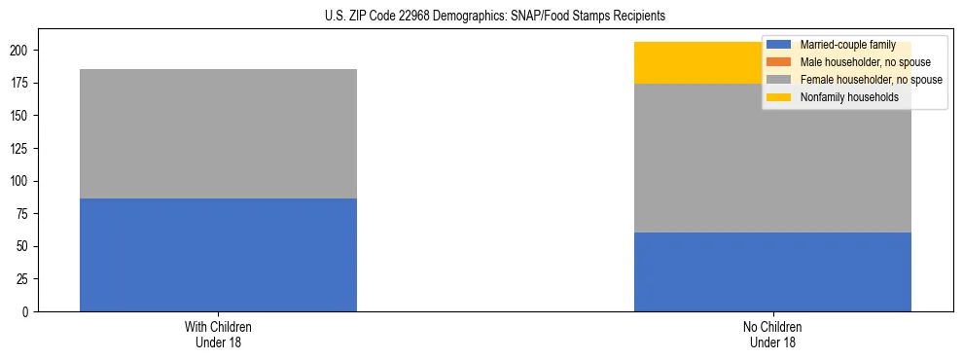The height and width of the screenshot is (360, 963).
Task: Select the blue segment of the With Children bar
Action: click(x=218, y=255)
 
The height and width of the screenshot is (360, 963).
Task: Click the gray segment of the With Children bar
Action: click(x=218, y=133)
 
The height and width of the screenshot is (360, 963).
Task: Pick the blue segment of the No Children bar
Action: click(x=772, y=272)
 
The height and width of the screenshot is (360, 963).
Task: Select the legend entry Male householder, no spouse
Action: click(x=852, y=62)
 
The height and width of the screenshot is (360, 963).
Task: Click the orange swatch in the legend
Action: click(x=779, y=62)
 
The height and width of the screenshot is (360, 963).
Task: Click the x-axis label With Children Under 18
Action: click(x=218, y=334)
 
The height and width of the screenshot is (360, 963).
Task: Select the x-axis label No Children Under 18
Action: click(x=772, y=334)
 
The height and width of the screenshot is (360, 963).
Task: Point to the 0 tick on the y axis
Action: click(x=28, y=312)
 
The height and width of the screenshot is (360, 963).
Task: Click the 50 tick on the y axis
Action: click(x=25, y=247)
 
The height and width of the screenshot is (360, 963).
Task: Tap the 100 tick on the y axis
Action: click(x=23, y=182)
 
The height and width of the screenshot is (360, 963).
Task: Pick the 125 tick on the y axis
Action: click(x=23, y=149)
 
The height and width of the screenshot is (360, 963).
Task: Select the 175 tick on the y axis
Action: click(x=23, y=84)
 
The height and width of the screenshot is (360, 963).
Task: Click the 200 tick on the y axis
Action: click(x=23, y=51)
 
